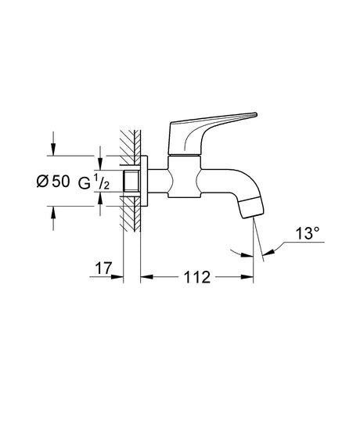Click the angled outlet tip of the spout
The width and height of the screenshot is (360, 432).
click(x=251, y=208)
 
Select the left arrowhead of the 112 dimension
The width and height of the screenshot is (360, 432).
click(x=145, y=276)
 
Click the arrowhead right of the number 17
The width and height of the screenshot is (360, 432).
click(x=116, y=276)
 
